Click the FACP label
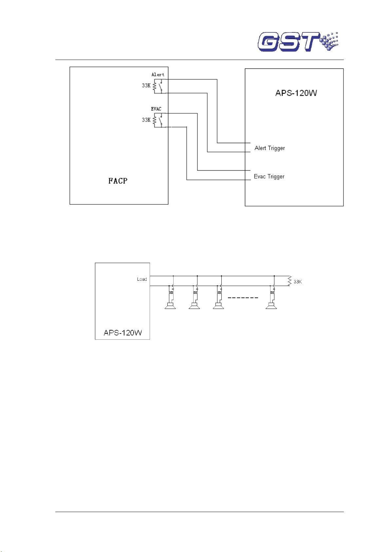point(118,181)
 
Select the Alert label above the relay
point(158,75)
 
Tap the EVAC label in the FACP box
point(156,109)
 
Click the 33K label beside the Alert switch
point(146,86)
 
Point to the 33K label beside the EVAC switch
point(146,120)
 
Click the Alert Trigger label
point(269,148)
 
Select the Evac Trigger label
point(269,177)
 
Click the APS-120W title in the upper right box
point(296,93)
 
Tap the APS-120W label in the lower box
point(123,333)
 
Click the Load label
point(142,279)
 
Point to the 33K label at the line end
point(298,282)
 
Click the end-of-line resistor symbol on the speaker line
point(289,281)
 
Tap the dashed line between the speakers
point(243,298)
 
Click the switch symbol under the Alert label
point(160,86)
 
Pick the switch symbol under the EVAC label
point(160,120)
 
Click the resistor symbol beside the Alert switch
point(155,86)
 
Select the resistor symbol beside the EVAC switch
point(155,120)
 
